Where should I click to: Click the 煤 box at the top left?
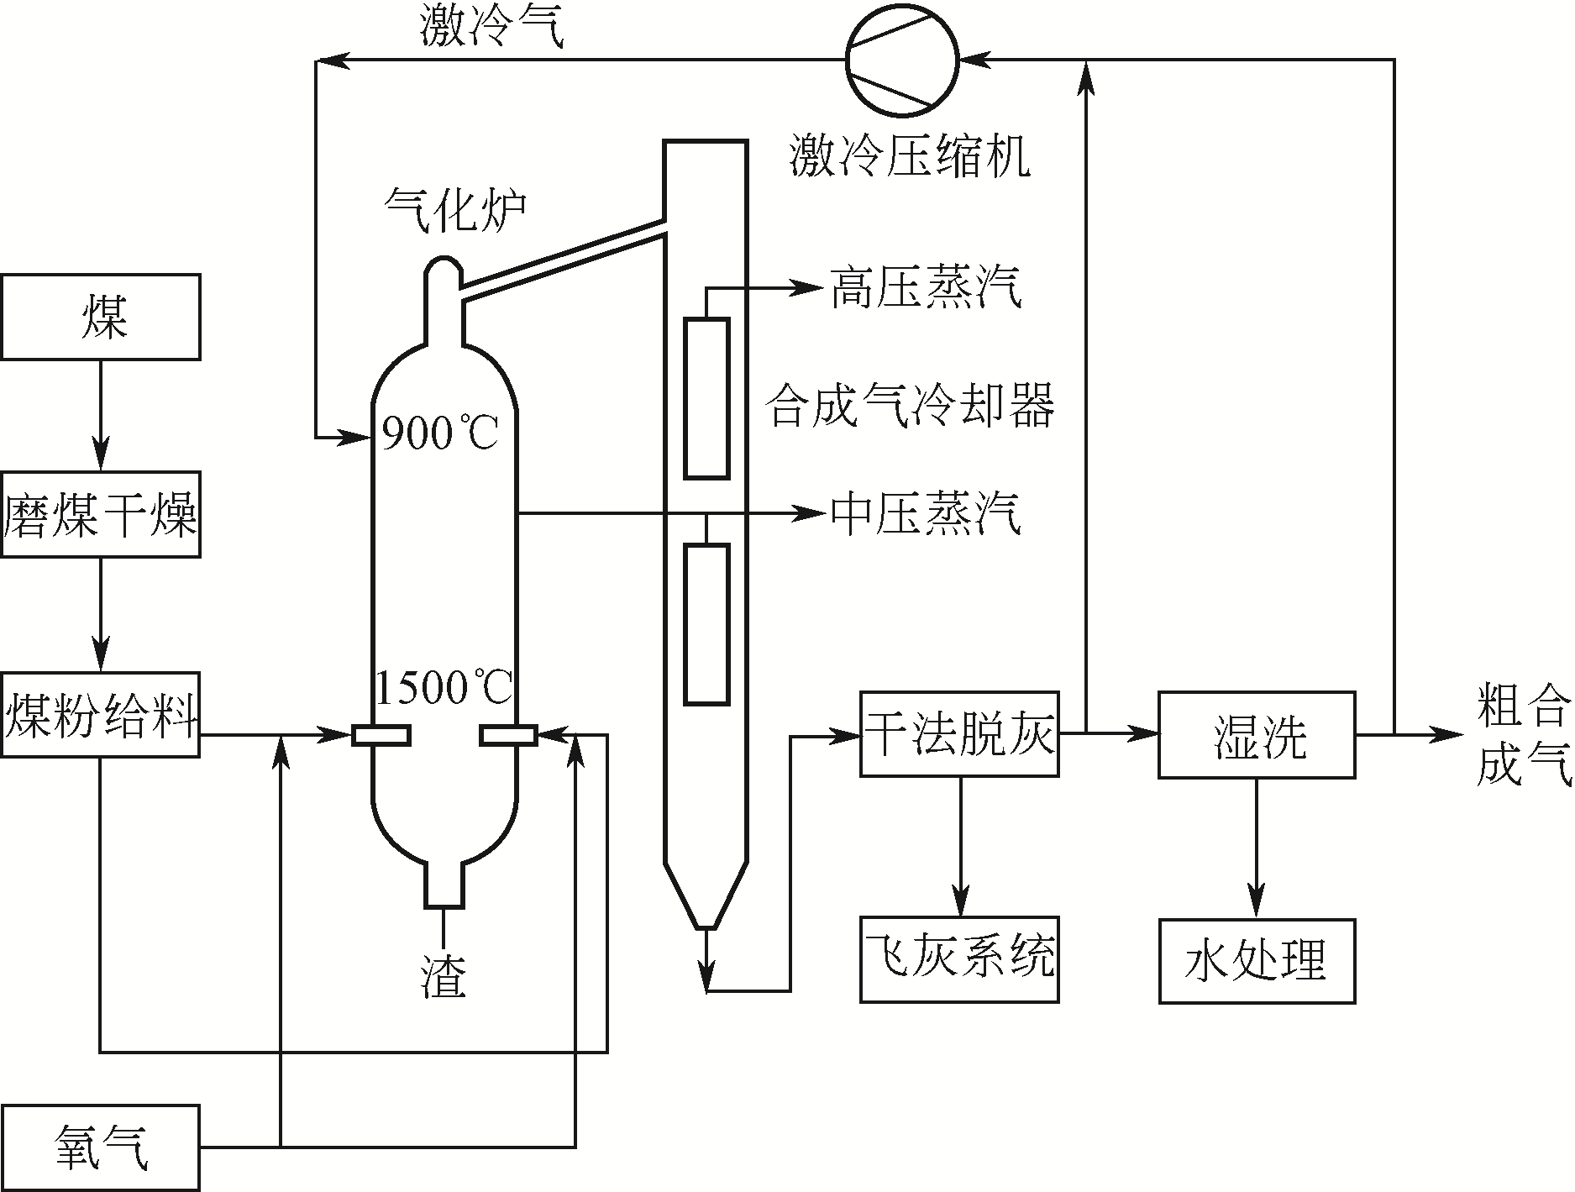tap(101, 317)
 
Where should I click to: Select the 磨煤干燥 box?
tap(101, 514)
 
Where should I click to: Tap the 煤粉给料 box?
tap(101, 715)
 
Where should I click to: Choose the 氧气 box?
tap(101, 1147)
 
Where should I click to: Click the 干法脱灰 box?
tap(959, 734)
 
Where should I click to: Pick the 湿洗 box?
tap(1257, 734)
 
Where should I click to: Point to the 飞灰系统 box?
tap(959, 958)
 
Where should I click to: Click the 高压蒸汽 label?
tap(925, 288)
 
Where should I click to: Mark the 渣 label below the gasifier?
tap(443, 977)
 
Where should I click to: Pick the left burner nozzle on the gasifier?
tap(381, 735)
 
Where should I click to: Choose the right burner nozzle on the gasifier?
tap(508, 735)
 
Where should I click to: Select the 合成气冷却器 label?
tap(911, 406)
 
